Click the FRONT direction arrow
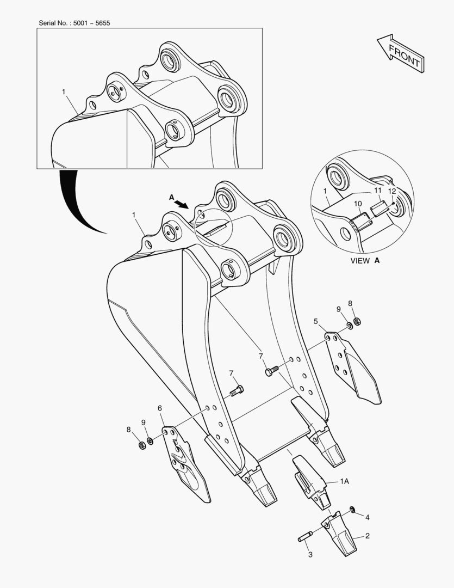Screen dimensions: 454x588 [x=401, y=53]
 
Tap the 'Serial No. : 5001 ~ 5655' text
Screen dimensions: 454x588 [x=74, y=23]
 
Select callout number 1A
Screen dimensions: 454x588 [x=344, y=481]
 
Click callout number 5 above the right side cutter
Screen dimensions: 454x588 [x=316, y=321]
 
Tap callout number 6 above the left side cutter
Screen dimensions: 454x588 [x=159, y=408]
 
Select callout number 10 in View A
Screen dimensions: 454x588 [x=358, y=204]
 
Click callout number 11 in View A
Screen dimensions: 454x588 [x=377, y=191]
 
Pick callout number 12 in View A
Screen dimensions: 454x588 [x=392, y=191]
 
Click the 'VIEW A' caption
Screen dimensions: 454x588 [x=365, y=261]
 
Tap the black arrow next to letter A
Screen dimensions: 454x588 [x=182, y=203]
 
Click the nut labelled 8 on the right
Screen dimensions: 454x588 [x=357, y=321]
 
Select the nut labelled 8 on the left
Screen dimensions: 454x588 [x=142, y=445]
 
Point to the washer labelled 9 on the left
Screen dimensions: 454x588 [x=150, y=440]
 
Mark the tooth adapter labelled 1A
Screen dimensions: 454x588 [x=312, y=482]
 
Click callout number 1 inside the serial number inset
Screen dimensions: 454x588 [x=64, y=92]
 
